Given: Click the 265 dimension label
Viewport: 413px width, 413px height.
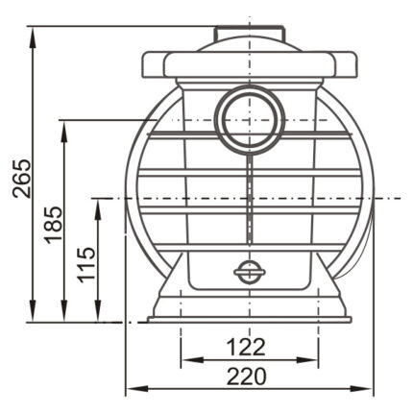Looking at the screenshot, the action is point(22,178).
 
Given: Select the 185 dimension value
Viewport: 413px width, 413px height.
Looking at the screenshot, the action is point(53,225).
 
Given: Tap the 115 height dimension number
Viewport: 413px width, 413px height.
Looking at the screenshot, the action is point(86,265).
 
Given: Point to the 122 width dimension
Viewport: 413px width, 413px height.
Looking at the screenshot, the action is point(246,347).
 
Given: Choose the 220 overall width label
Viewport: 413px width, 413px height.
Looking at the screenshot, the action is point(247,377).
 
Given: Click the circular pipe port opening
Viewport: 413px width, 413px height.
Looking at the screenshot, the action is point(250,121).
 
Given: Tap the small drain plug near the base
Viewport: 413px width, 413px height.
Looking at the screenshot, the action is point(250,272).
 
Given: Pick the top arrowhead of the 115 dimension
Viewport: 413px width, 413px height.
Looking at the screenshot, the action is point(99,209).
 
